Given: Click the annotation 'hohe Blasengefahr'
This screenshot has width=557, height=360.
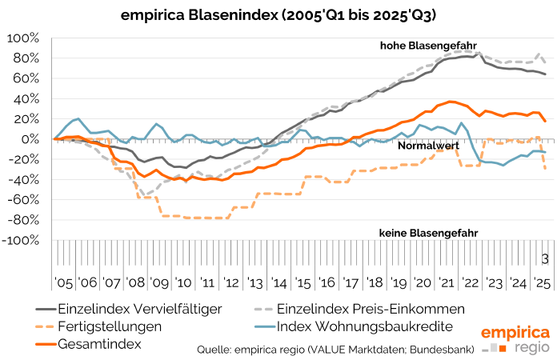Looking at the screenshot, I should pyautogui.click(x=428, y=46).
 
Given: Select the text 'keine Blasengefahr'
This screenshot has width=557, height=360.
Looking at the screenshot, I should pyautogui.click(x=428, y=233).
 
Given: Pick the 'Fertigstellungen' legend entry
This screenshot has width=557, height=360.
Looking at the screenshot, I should pyautogui.click(x=109, y=326).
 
